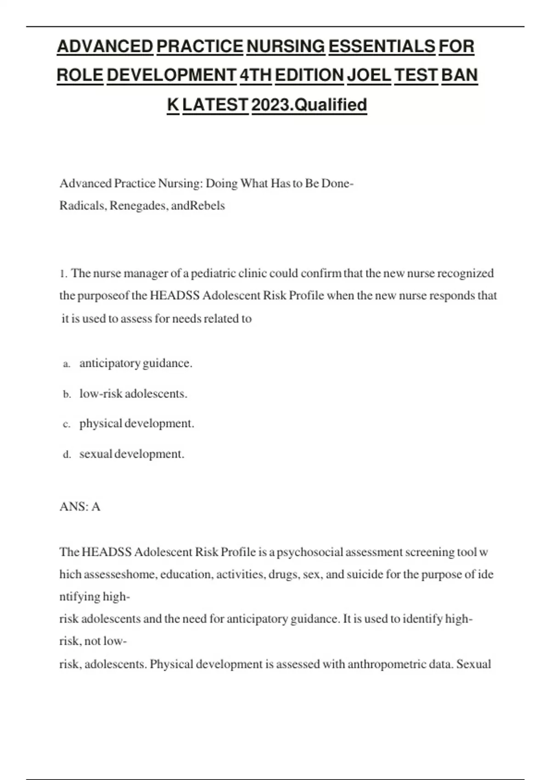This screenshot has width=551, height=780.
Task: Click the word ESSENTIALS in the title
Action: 382,46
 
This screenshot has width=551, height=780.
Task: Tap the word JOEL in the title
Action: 369,75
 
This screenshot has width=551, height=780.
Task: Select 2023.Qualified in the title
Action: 309,105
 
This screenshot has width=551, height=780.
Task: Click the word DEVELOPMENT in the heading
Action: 171,75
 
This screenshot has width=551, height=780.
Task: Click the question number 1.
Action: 63,274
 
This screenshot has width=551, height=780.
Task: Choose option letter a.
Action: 67,364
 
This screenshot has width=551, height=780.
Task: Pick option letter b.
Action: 67,395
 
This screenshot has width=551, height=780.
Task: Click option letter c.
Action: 67,424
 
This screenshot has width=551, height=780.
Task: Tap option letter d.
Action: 67,455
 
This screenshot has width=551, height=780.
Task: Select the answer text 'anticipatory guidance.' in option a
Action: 136,363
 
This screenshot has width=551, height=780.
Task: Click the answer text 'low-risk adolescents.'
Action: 133,394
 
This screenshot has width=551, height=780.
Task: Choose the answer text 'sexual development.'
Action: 132,454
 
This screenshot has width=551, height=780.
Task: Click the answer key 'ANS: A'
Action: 80,507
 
